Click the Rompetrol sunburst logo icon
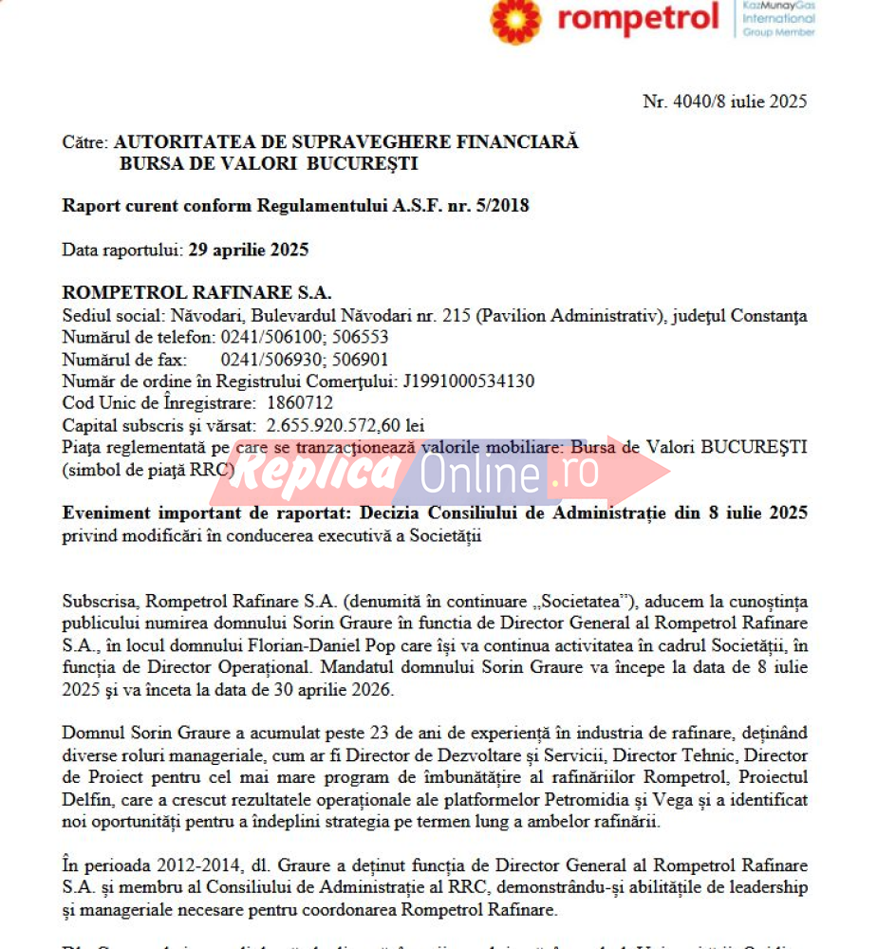pyautogui.click(x=515, y=20)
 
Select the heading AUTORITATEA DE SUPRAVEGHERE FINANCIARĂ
pyautogui.click(x=346, y=142)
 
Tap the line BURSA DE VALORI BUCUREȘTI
pyautogui.click(x=269, y=163)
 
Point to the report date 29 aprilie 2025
pyautogui.click(x=249, y=251)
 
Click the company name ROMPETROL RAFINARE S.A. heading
pyautogui.click(x=196, y=294)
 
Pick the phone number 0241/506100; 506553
pyautogui.click(x=305, y=337)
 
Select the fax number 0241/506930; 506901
pyautogui.click(x=305, y=360)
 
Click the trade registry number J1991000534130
pyautogui.click(x=469, y=381)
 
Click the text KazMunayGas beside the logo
pyautogui.click(x=778, y=6)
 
